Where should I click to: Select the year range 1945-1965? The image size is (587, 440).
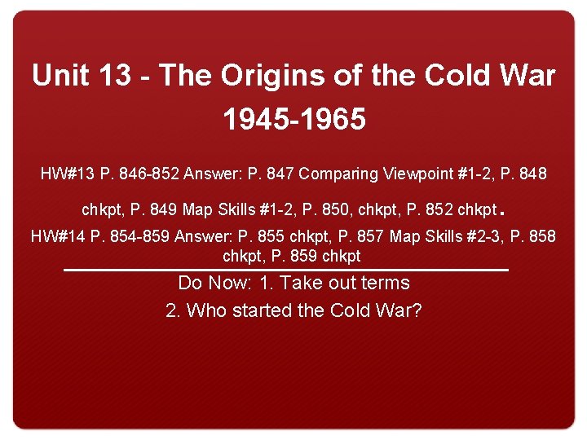click(x=294, y=120)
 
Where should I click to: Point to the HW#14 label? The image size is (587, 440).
click(x=58, y=237)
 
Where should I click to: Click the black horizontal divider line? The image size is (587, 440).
click(x=285, y=270)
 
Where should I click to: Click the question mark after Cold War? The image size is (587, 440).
click(x=417, y=310)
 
